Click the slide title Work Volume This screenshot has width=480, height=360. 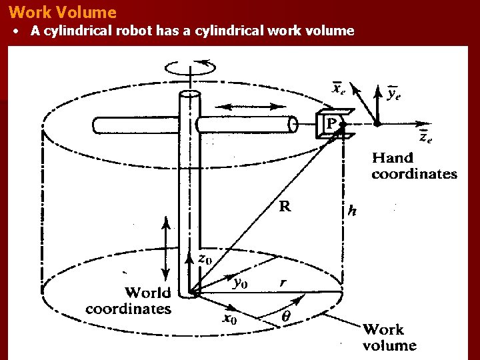pos(63,12)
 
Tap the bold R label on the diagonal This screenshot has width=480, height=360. pos(285,207)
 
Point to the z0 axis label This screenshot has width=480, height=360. pos(205,258)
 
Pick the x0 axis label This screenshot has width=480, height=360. pos(229,319)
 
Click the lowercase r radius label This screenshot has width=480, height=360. pos(283,283)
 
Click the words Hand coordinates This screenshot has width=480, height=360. pos(413,166)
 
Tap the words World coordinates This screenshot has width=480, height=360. pos(129,301)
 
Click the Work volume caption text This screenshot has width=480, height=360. pos(389,337)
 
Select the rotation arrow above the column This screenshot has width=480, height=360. pos(191,67)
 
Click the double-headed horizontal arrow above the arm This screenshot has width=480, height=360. pos(248,107)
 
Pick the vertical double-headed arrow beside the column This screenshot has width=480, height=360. pos(165,247)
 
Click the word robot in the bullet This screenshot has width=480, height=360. pos(135,31)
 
